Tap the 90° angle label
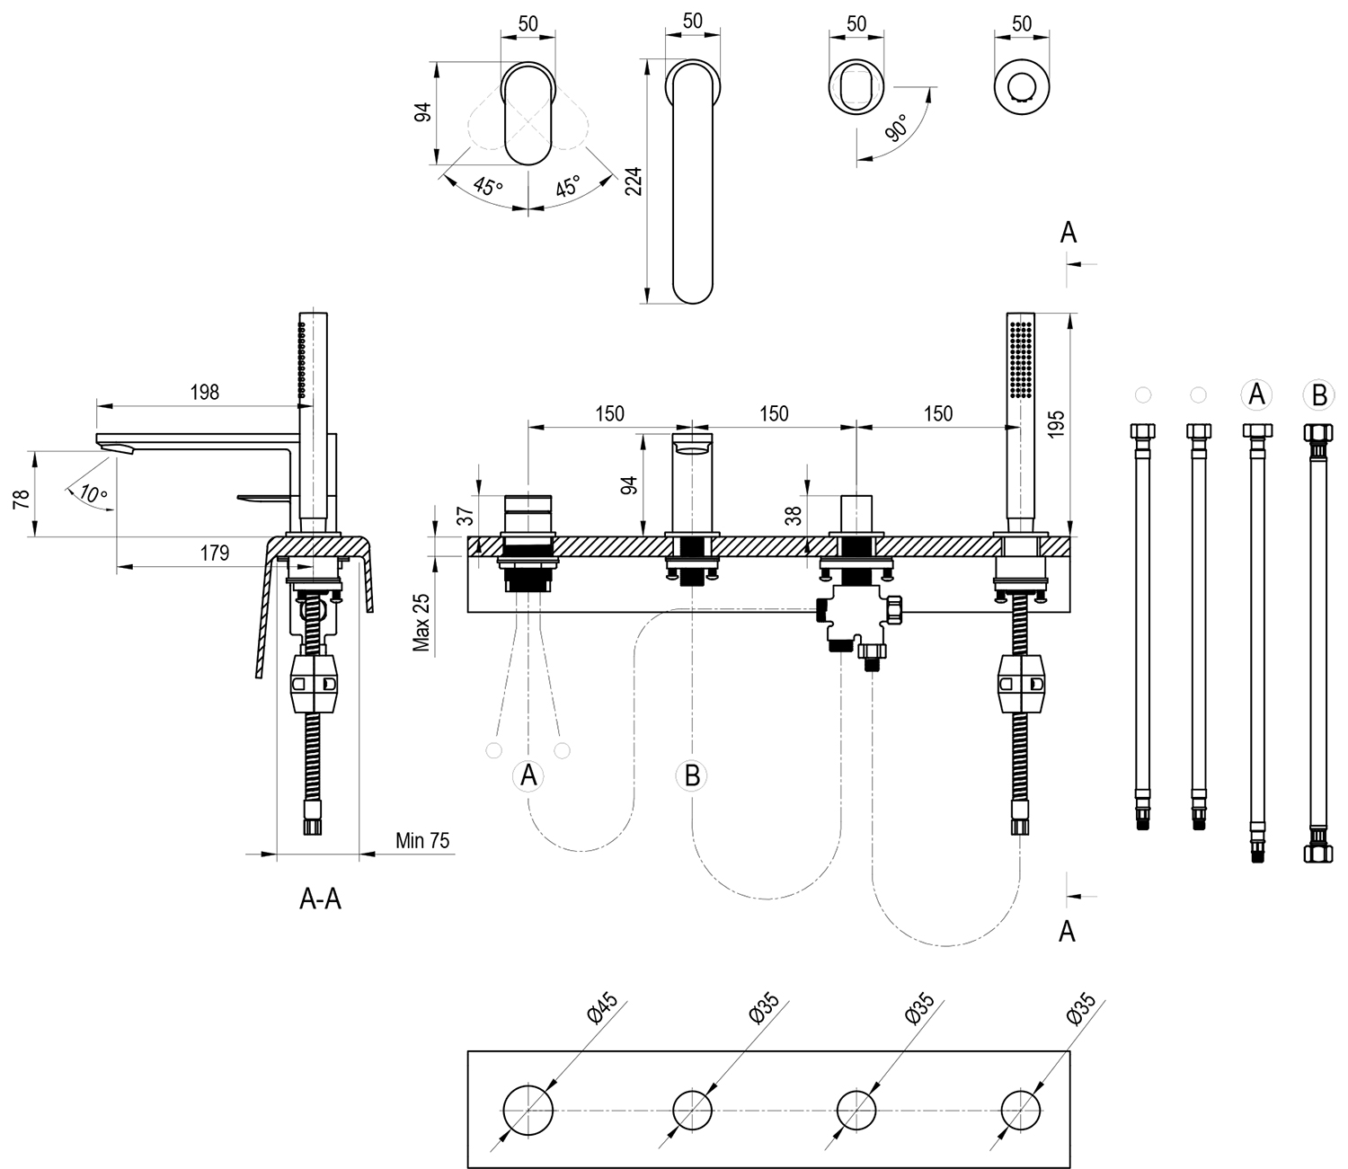(896, 128)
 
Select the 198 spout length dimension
(204, 392)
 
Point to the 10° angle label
(92, 493)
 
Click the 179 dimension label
(214, 554)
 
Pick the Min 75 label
(422, 840)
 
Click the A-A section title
(320, 899)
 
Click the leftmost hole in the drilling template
(528, 1110)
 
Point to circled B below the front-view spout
(692, 775)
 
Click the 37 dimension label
(465, 515)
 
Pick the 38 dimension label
(793, 515)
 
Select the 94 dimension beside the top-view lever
(423, 111)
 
